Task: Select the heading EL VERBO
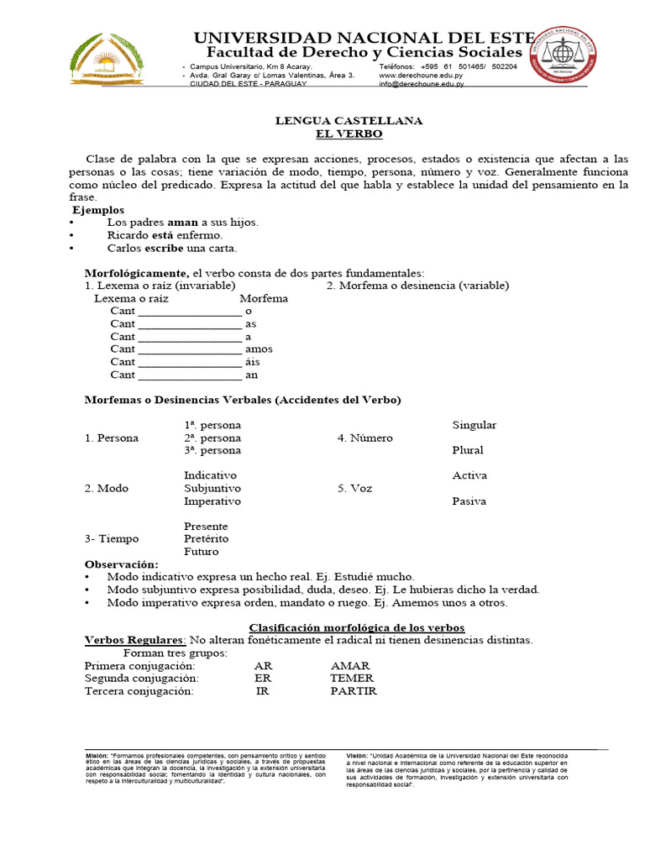pos(349,134)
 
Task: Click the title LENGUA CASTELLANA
pos(349,121)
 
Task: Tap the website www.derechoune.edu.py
pos(421,75)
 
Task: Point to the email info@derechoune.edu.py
pos(421,84)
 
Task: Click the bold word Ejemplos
pos(98,210)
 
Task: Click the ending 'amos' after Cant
pos(259,349)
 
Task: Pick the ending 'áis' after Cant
pos(253,361)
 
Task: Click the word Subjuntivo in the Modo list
pos(212,488)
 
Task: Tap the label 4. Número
pos(365,438)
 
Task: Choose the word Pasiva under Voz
pos(469,501)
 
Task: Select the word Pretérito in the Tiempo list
pos(207,538)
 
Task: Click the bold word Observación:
pos(121,564)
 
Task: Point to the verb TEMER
pos(351,678)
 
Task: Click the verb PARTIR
pos(354,691)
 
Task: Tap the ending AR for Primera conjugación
pos(263,665)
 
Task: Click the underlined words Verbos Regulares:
pos(135,640)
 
